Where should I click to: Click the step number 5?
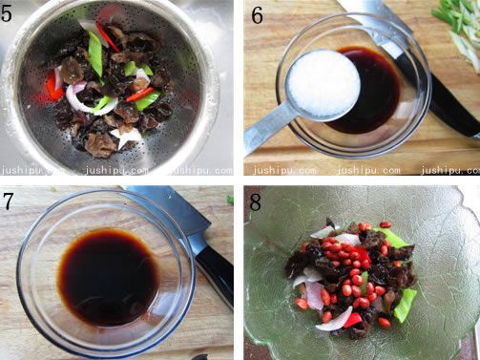(7, 13)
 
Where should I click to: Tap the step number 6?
(258, 15)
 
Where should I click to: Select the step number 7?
(8, 201)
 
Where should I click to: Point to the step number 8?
(256, 201)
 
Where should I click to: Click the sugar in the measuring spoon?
(323, 85)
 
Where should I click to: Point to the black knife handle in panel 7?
(215, 274)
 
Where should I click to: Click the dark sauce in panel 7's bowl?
(108, 277)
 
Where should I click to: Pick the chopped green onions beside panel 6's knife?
(458, 29)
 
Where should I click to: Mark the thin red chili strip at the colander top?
(108, 37)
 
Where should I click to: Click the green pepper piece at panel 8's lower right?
(405, 306)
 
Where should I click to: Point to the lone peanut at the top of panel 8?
(386, 224)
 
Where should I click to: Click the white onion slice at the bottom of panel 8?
(335, 319)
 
